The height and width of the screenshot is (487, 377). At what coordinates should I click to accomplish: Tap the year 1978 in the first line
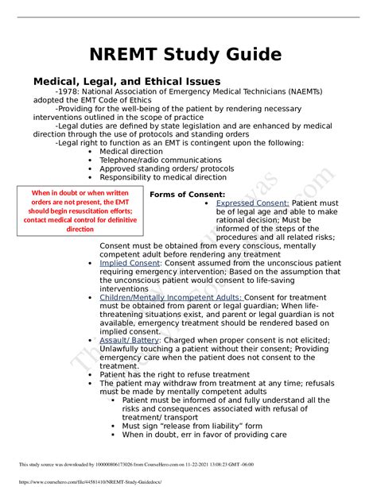tap(68, 91)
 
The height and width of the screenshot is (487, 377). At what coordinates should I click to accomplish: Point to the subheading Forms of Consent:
tap(187, 195)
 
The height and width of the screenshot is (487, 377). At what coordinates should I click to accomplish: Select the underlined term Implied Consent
tap(130, 261)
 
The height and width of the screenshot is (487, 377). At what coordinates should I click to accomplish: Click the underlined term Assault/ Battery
tap(129, 339)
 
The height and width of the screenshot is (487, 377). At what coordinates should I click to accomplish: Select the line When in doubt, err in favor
tap(200, 435)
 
